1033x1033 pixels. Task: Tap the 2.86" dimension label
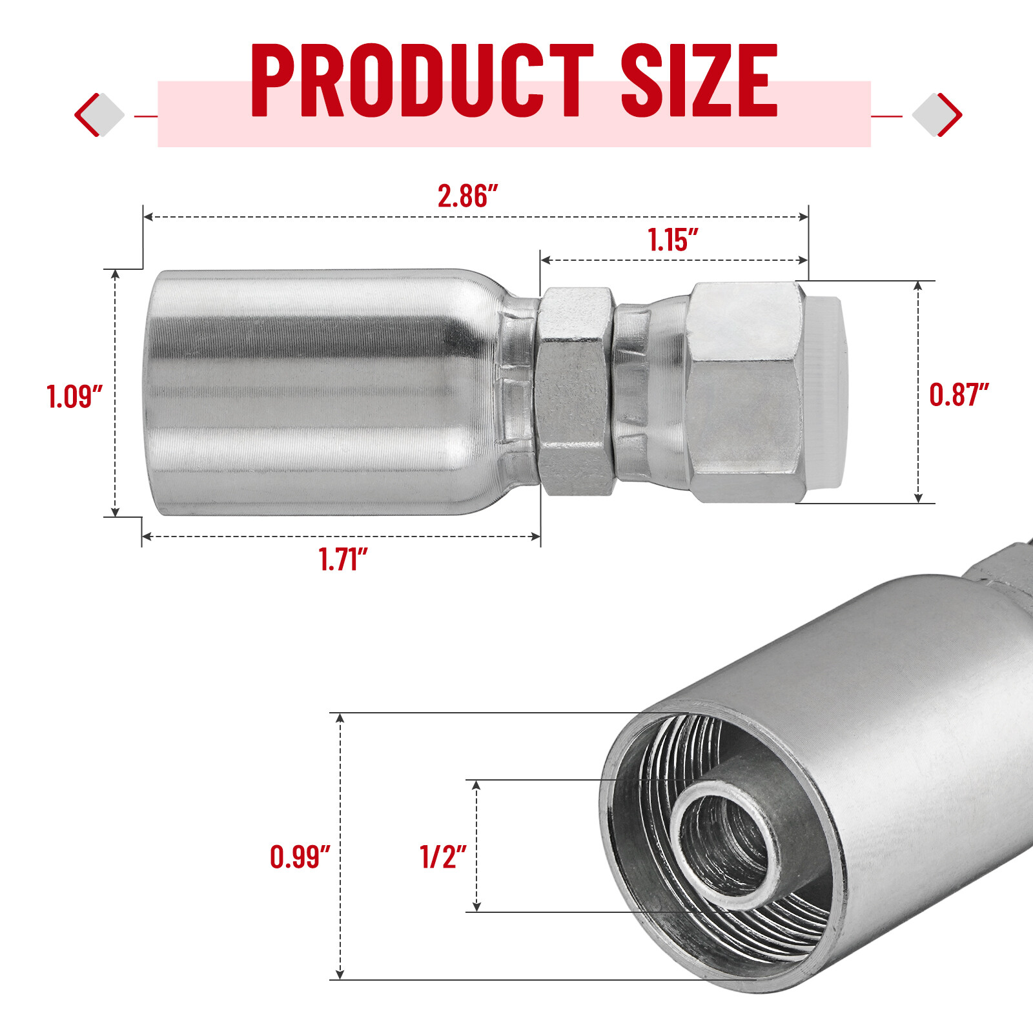[x=467, y=196]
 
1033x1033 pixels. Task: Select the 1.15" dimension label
[x=672, y=240]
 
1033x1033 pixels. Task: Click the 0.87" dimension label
[x=959, y=394]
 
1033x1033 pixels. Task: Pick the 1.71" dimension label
[x=343, y=559]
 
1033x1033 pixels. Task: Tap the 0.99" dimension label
[x=300, y=857]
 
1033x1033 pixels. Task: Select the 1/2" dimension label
[x=443, y=857]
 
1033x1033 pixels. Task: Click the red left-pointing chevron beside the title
[x=87, y=115]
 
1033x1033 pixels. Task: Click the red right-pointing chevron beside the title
[x=949, y=115]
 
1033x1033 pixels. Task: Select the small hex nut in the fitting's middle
[x=575, y=391]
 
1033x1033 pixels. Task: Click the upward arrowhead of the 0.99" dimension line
[x=340, y=718]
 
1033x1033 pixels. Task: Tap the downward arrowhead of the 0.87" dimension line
[x=918, y=498]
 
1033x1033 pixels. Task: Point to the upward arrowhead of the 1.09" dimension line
[x=116, y=274]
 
